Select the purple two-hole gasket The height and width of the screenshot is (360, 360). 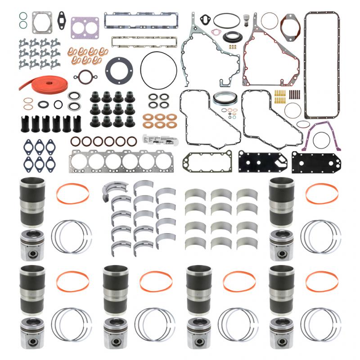tap(85, 27)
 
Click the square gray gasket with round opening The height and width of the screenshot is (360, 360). tap(41, 22)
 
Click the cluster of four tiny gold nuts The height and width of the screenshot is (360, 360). tap(232, 46)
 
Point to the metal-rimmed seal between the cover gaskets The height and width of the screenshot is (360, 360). tap(225, 100)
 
